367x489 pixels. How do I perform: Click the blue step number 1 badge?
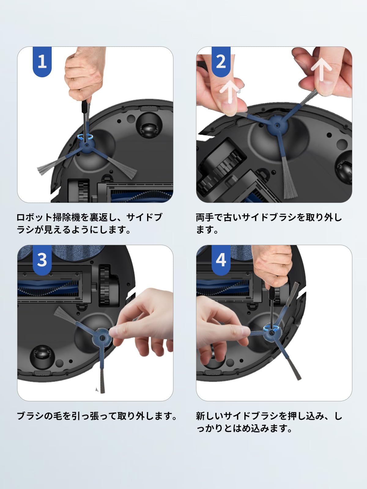click(x=42, y=61)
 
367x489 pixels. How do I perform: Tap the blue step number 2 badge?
click(x=221, y=61)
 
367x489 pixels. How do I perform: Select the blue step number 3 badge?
click(x=42, y=260)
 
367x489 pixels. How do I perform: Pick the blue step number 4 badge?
click(x=221, y=260)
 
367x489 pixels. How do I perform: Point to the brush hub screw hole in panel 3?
click(x=102, y=337)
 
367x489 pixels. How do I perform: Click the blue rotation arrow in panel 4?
click(x=271, y=328)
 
